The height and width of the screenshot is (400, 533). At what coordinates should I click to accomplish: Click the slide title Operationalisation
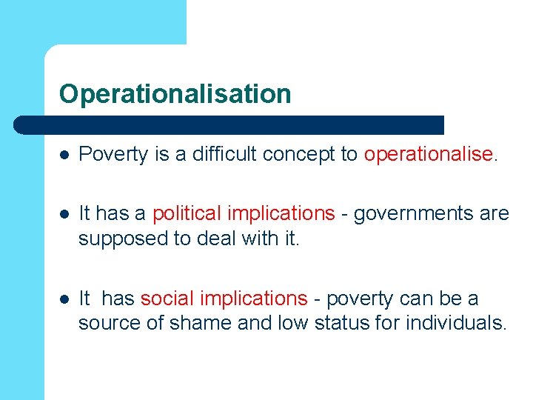(x=175, y=94)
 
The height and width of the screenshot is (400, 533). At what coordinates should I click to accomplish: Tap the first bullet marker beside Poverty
(x=65, y=154)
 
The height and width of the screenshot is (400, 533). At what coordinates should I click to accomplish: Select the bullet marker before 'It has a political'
(x=65, y=214)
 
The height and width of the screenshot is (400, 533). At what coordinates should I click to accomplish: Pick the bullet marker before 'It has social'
(x=65, y=299)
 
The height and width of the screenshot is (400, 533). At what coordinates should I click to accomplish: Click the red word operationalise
(x=428, y=154)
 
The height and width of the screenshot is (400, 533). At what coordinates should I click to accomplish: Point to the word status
(x=338, y=324)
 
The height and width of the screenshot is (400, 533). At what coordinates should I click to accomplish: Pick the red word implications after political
(x=281, y=213)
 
